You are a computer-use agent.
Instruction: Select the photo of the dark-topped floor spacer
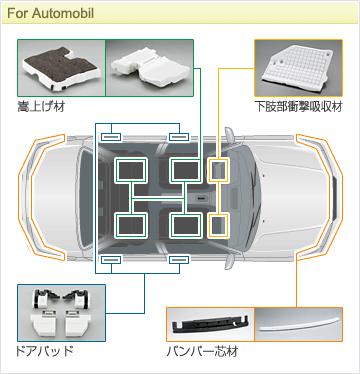pos(59,66)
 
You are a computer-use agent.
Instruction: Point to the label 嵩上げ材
pos(39,106)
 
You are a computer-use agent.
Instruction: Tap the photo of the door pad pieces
pos(59,311)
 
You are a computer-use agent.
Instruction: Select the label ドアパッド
pos(45,352)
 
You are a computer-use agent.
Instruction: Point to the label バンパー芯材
pos(200,352)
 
